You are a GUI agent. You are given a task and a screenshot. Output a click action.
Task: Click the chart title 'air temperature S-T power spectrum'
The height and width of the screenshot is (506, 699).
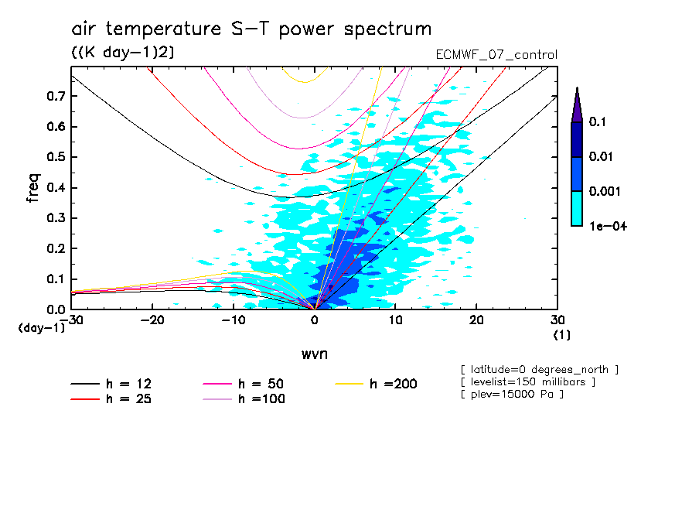pyautogui.click(x=251, y=29)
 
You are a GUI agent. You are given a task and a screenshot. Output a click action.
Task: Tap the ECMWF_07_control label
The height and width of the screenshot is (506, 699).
pyautogui.click(x=496, y=55)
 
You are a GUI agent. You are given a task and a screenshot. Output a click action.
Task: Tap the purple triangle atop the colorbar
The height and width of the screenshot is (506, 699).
pyautogui.click(x=577, y=105)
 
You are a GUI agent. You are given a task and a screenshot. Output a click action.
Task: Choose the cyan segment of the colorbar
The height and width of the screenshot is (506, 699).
pyautogui.click(x=577, y=207)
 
